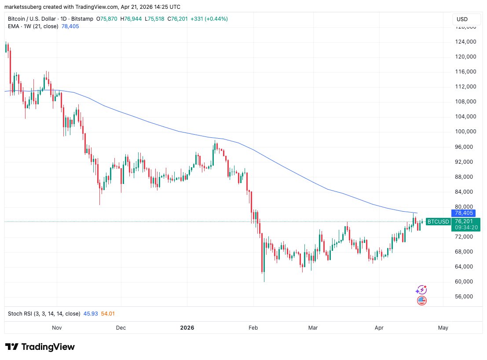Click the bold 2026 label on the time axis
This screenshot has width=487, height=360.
(x=187, y=328)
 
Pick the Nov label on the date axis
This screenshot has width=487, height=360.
(x=57, y=328)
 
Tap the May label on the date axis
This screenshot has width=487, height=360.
(x=443, y=328)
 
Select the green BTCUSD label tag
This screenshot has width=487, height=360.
(x=439, y=222)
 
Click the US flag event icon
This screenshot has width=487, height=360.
(x=421, y=301)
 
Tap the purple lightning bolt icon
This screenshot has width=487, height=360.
(x=421, y=290)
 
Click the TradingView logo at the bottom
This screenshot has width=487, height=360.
(x=40, y=347)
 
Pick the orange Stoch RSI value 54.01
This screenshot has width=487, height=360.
(x=108, y=314)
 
